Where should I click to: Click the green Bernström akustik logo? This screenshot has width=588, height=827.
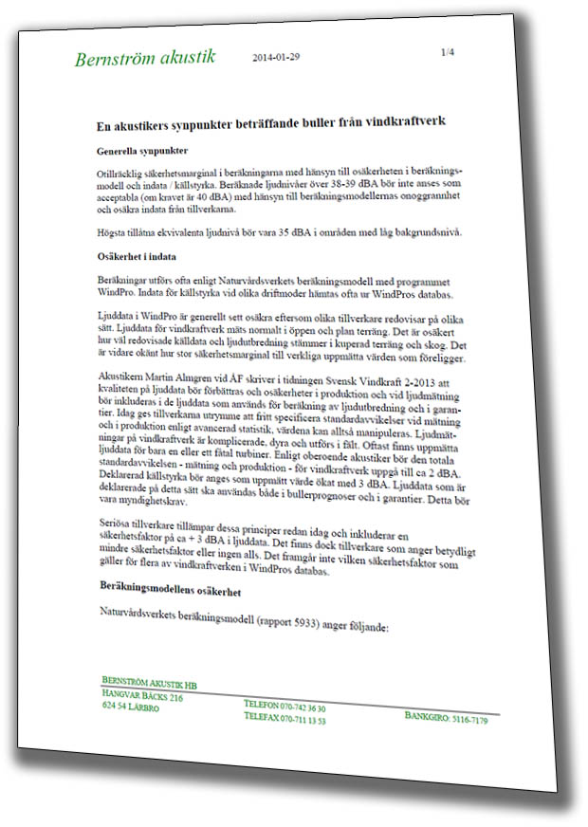[x=145, y=58]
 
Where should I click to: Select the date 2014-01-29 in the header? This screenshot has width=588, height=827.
[x=277, y=57]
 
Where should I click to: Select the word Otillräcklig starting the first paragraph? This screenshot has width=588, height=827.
[x=122, y=176]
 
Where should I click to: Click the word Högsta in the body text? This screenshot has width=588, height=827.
[x=115, y=232]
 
